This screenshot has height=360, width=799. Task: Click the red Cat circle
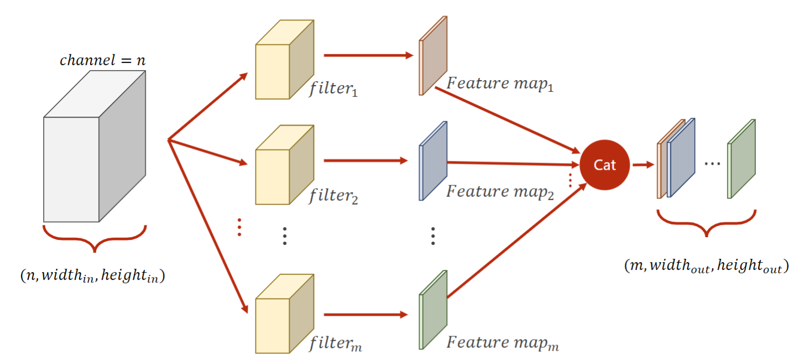[604, 165]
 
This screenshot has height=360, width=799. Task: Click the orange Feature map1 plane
[433, 55]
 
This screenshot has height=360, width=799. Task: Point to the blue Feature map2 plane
[433, 161]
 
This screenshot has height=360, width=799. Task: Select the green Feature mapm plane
[433, 310]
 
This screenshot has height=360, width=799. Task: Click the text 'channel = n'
[103, 60]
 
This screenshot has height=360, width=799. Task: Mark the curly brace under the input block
[95, 237]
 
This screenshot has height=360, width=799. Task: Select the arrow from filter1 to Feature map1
[368, 55]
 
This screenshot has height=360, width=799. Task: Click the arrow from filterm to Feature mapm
[365, 315]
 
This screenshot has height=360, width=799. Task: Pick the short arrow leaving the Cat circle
[642, 165]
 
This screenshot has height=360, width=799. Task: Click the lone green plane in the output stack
[741, 159]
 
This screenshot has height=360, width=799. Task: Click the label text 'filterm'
[336, 345]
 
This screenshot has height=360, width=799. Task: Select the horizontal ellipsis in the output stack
[712, 164]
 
